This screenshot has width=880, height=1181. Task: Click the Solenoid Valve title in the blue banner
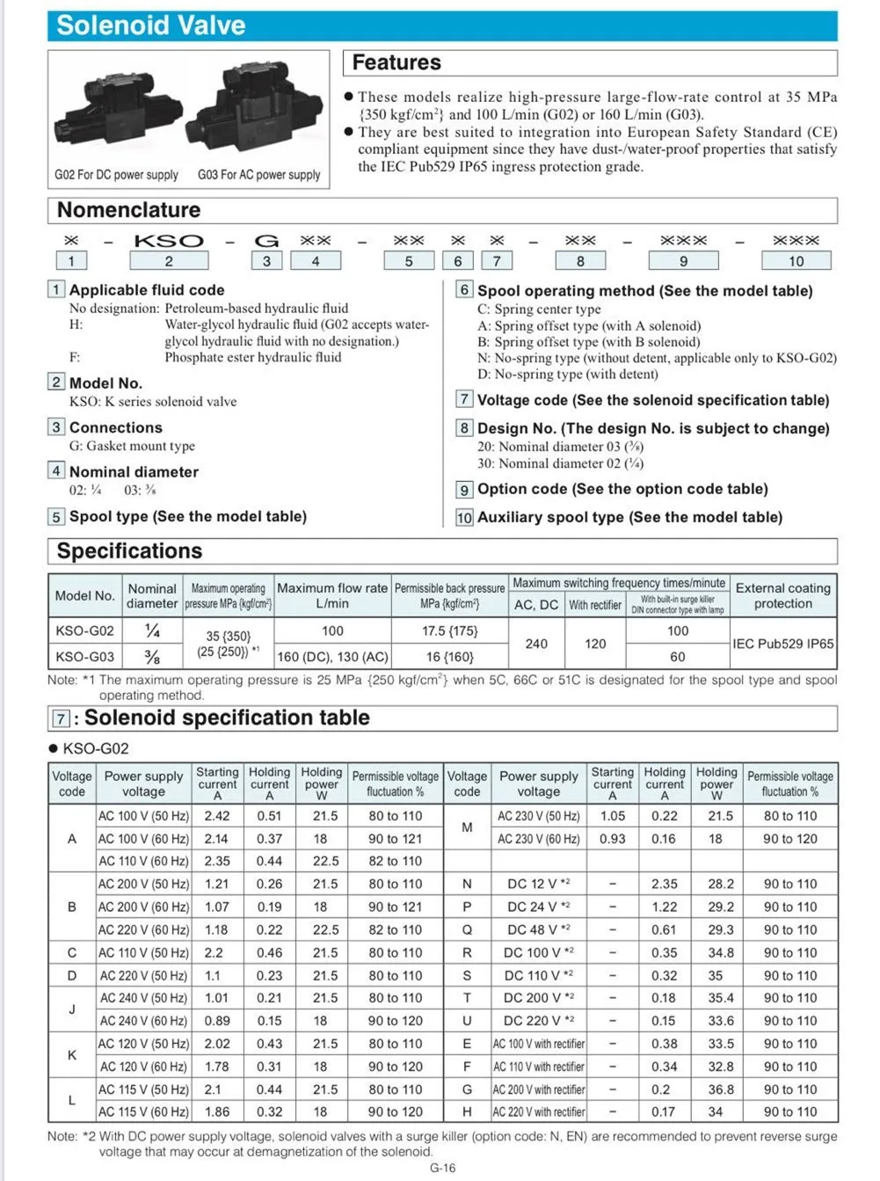coord(150,26)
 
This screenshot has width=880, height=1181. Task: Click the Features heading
coord(396,62)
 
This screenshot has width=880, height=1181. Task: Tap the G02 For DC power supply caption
coord(116,175)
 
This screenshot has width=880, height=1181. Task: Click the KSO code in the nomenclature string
coord(169,241)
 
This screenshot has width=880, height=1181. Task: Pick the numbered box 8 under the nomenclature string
coord(580,260)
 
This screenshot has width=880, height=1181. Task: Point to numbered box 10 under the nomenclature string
coord(796,260)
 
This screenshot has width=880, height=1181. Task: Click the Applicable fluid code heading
coord(147,290)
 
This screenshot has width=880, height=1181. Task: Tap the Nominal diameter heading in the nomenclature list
coord(134,472)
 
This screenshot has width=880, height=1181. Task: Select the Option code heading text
coord(622,489)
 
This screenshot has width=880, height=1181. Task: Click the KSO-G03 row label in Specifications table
coord(84,656)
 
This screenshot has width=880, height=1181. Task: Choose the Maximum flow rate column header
coord(332,595)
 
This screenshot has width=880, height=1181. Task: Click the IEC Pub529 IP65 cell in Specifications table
coord(783,644)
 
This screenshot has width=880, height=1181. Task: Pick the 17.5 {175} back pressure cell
coord(449,631)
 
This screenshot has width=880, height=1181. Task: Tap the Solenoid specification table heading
coord(227,718)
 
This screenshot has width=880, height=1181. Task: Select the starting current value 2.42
coord(217,815)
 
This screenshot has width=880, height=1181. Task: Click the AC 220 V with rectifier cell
coord(538,1112)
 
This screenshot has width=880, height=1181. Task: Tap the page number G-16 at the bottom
coord(442,1168)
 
